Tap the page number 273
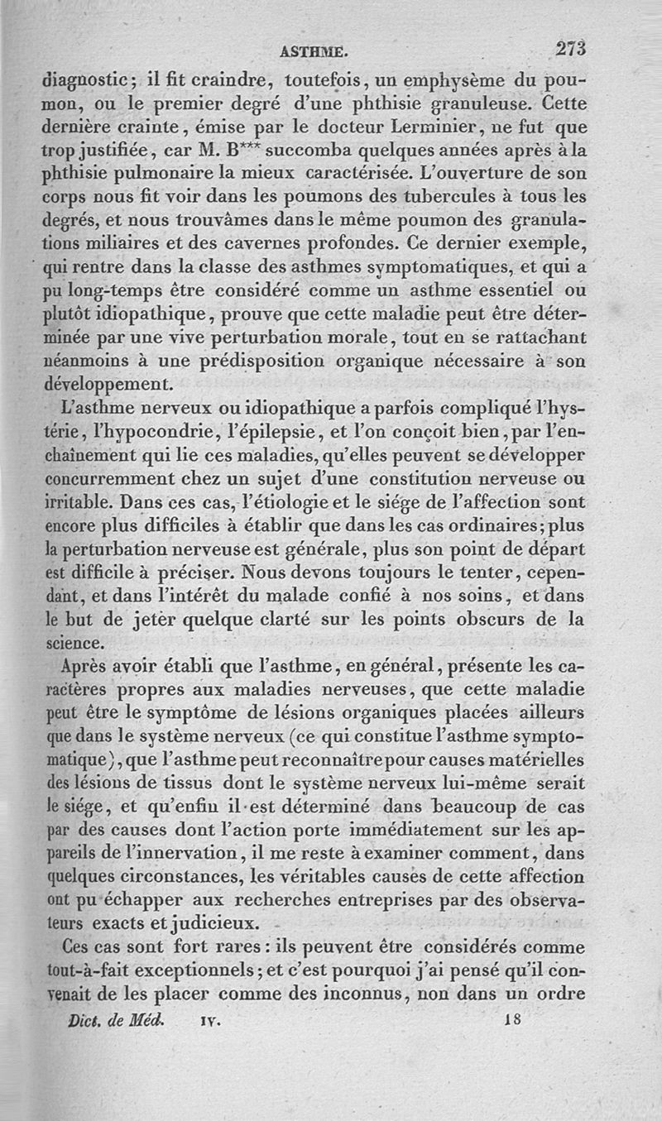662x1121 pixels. click(570, 48)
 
